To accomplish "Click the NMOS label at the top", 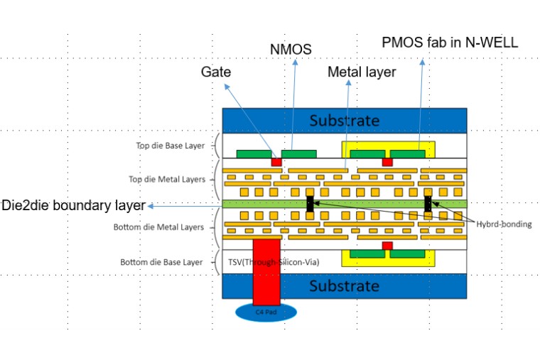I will [x=291, y=50].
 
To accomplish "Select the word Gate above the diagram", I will [x=215, y=72].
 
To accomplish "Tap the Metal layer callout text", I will [x=362, y=72].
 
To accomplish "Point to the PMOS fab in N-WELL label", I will [x=450, y=43].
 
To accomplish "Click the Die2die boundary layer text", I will [x=73, y=205].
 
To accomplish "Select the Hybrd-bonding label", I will [x=504, y=224].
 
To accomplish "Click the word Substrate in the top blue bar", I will [x=344, y=120].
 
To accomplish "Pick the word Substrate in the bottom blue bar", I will [x=344, y=285].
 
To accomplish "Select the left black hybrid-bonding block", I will [x=310, y=204].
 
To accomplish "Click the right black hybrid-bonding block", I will [x=428, y=204].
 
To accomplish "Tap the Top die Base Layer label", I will [x=170, y=146].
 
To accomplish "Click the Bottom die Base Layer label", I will [x=161, y=262].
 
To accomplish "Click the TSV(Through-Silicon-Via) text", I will [x=273, y=262].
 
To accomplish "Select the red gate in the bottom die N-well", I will [x=387, y=246].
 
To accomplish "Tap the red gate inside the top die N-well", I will [x=387, y=162].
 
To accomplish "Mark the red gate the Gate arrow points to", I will [x=276, y=162].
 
